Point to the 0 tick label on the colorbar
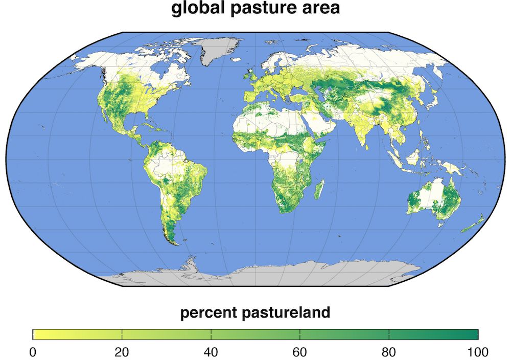pyautogui.click(x=33, y=352)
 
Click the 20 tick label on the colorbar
pyautogui.click(x=122, y=352)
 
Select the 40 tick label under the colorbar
pyautogui.click(x=211, y=352)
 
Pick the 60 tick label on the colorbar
pyautogui.click(x=300, y=352)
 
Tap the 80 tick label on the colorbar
pyautogui.click(x=389, y=352)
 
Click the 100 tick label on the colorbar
pyautogui.click(x=478, y=352)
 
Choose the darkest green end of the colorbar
pyautogui.click(x=474, y=334)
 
